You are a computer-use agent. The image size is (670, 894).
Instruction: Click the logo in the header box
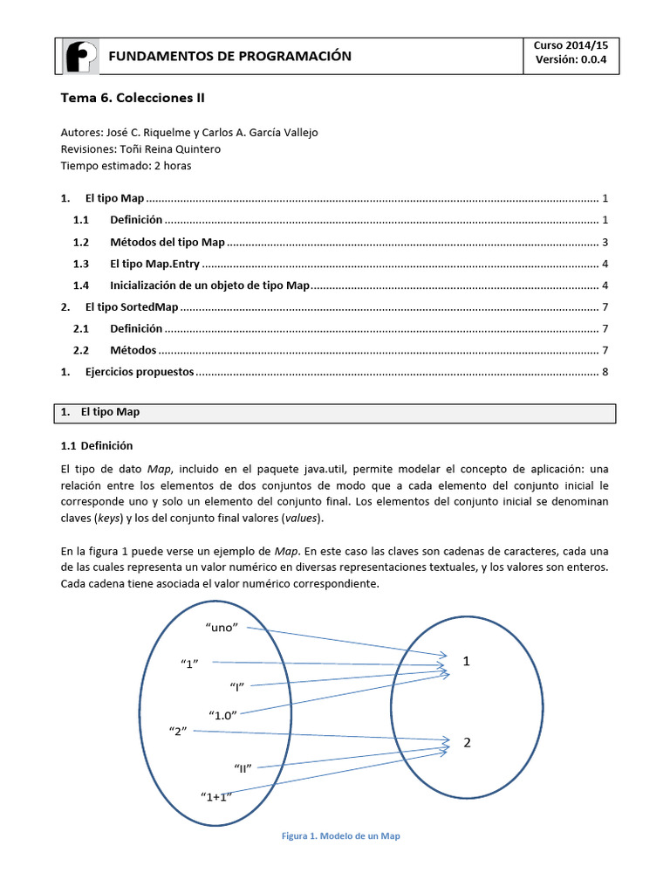click(81, 57)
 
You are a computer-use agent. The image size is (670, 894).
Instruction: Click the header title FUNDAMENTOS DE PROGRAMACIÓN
click(229, 57)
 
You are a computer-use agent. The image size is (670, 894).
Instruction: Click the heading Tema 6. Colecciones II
click(132, 99)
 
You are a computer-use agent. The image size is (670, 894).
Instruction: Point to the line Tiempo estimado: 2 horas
click(126, 165)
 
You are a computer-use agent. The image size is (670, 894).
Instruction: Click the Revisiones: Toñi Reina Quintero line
click(140, 149)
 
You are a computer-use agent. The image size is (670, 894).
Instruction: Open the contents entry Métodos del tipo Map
click(167, 242)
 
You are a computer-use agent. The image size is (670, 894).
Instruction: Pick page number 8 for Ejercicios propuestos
click(605, 372)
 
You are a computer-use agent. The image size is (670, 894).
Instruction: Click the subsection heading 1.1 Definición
click(96, 445)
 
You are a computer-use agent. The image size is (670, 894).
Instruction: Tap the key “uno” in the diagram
click(222, 627)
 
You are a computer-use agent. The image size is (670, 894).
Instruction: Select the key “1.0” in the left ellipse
click(223, 715)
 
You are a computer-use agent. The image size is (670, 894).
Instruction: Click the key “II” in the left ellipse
click(243, 767)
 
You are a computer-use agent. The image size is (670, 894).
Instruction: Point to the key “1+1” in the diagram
click(215, 796)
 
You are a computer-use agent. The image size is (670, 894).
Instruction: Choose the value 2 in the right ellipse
click(467, 743)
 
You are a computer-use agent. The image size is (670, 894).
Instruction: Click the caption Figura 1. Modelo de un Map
click(340, 836)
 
